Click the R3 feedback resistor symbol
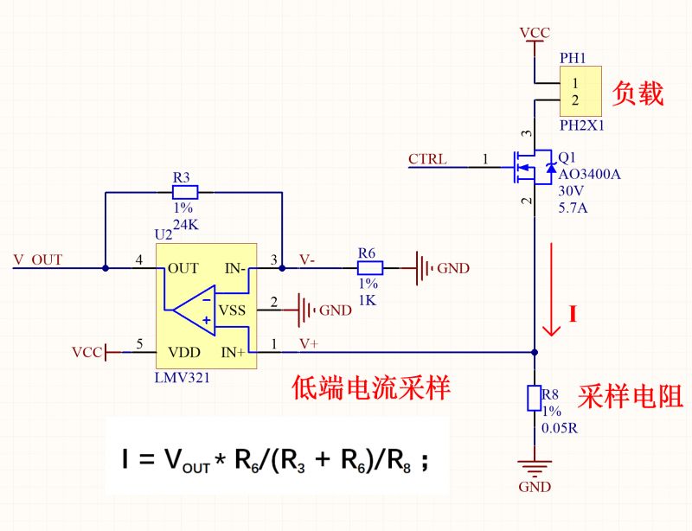click(185, 193)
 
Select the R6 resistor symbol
click(370, 268)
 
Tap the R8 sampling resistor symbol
click(535, 398)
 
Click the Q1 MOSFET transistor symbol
click(533, 167)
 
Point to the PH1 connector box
click(580, 92)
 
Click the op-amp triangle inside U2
click(194, 310)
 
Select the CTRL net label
click(427, 159)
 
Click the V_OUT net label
click(38, 259)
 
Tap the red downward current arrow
click(551, 289)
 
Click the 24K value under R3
click(186, 225)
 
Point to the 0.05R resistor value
click(560, 428)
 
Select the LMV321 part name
click(182, 378)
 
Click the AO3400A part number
click(590, 175)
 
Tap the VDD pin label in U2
click(184, 352)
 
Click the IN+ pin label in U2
click(233, 352)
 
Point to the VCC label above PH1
click(535, 33)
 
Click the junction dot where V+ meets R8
click(535, 352)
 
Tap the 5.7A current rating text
click(573, 208)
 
